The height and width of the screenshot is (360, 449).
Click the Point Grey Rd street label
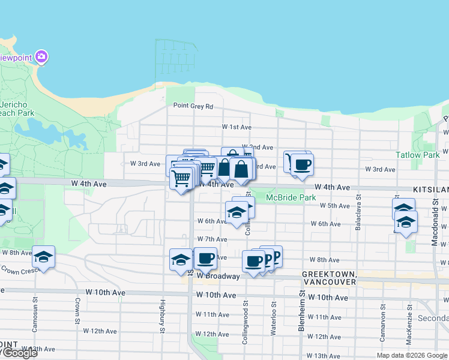pyautogui.click(x=193, y=106)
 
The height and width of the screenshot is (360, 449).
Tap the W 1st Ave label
pyautogui.click(x=237, y=127)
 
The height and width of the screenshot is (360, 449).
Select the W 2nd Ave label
pyautogui.click(x=258, y=147)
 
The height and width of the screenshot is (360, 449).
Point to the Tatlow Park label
pyautogui.click(x=418, y=155)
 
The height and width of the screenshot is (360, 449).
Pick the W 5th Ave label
pyautogui.click(x=335, y=205)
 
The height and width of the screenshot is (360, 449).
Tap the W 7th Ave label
pyautogui.click(x=212, y=239)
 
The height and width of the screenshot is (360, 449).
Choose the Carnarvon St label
pyautogui.click(x=382, y=323)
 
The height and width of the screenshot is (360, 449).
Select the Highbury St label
pyautogui.click(x=162, y=317)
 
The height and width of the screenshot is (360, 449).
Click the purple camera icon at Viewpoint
pyautogui.click(x=41, y=58)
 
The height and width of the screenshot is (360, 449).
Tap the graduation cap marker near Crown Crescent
pyautogui.click(x=43, y=257)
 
